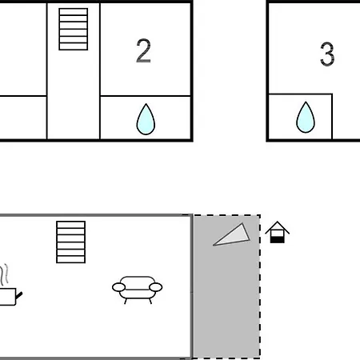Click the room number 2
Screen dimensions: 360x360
(x=143, y=50)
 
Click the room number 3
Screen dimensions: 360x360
(x=327, y=54)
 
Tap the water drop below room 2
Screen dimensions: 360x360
(x=146, y=119)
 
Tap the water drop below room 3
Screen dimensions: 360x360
(x=306, y=118)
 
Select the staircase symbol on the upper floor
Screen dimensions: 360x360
(x=74, y=29)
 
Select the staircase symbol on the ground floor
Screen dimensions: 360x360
(x=71, y=242)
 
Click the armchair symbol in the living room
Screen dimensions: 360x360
(x=138, y=290)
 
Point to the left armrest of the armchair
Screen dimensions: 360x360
(x=118, y=287)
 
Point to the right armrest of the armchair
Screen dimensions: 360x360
(x=156, y=287)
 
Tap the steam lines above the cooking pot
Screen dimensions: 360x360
(x=4, y=274)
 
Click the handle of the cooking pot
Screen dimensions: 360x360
(x=19, y=295)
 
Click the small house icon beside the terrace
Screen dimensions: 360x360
(x=278, y=232)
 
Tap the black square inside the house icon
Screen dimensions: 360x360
(x=278, y=239)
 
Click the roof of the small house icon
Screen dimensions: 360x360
(x=278, y=227)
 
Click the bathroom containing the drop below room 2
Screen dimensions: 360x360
(x=146, y=118)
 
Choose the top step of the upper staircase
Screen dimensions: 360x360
(x=74, y=12)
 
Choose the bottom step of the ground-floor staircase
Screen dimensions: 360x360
(x=71, y=259)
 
